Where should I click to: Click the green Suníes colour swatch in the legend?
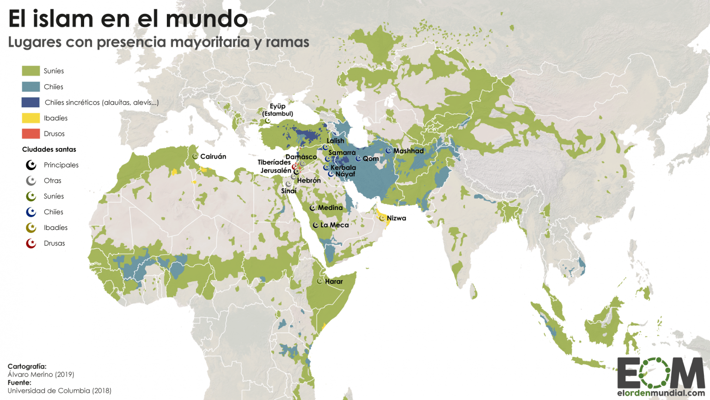point(31,71)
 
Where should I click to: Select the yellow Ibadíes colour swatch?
point(31,118)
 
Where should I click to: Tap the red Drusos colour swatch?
point(31,134)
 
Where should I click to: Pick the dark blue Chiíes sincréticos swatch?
point(31,102)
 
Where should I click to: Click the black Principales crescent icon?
point(31,165)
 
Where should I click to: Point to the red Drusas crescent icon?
point(31,243)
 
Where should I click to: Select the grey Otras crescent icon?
point(31,181)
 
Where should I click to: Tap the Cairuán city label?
point(213,156)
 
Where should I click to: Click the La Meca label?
point(335,225)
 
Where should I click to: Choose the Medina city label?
point(330,208)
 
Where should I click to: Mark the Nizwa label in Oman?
point(396,218)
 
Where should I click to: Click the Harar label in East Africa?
point(334,281)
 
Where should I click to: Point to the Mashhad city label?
point(408,151)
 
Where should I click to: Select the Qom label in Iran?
point(371,159)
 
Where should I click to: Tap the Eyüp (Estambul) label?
point(277,110)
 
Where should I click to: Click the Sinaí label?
point(288,191)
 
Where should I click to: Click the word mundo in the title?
point(207,19)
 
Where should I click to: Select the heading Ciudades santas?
point(49,149)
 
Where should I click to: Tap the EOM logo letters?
point(661,373)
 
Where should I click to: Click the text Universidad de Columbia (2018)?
point(59,391)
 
